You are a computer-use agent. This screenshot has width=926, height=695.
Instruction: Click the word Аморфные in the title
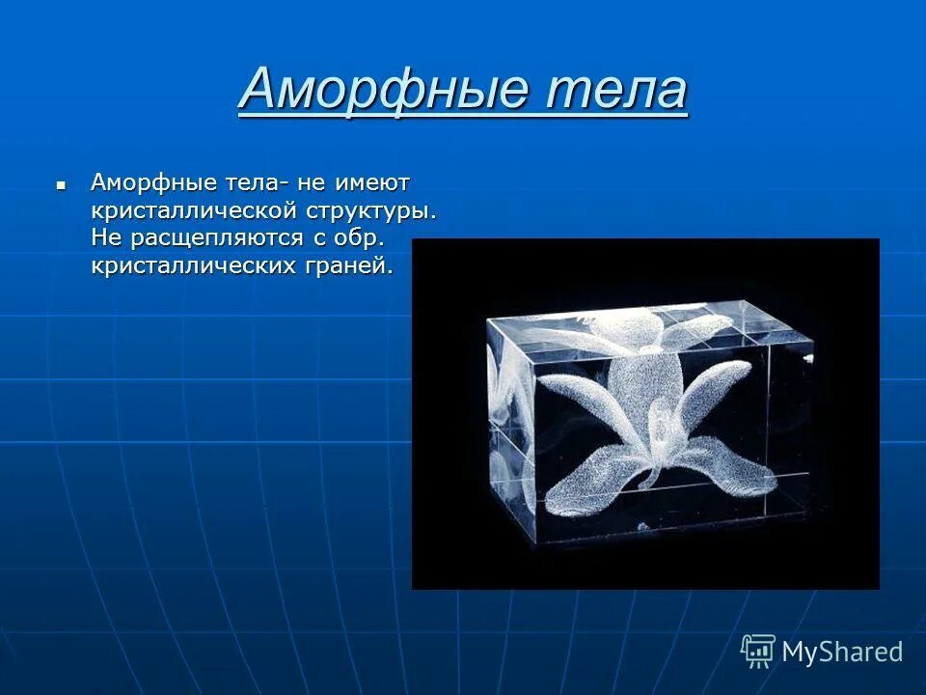click(382, 90)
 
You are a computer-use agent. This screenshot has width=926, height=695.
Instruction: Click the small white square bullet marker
click(61, 181)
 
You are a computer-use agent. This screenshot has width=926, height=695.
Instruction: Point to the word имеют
click(372, 181)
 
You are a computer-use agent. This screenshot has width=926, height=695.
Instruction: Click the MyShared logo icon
click(757, 651)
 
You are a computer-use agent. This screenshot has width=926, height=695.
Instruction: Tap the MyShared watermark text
click(842, 652)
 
